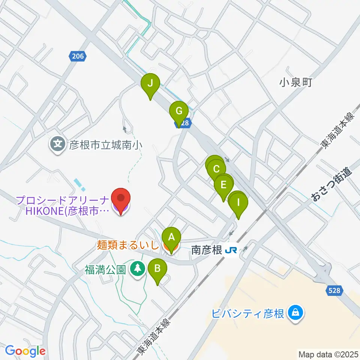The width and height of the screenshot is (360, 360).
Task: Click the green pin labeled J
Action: [x=150, y=83]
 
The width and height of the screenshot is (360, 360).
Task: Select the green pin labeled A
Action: [x=171, y=237]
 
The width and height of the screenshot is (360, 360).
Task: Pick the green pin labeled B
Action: [x=157, y=268]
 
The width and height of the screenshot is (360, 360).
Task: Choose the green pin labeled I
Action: [x=238, y=202]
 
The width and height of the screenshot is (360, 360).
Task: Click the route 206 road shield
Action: [x=78, y=56]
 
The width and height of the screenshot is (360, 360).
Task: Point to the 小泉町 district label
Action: [x=296, y=82]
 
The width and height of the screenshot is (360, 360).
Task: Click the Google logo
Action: [x=25, y=351]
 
